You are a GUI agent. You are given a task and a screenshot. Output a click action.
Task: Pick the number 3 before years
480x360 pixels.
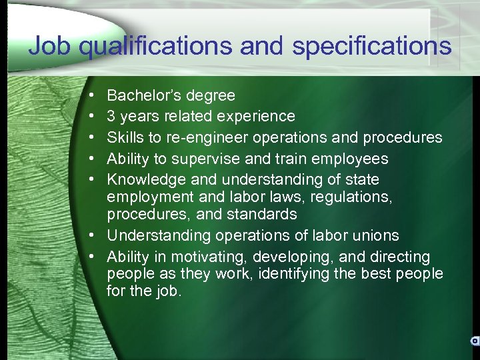tap(111, 117)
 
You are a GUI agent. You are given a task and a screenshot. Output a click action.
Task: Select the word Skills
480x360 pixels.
tap(123, 137)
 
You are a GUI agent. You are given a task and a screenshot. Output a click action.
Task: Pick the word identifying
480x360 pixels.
tap(287, 274)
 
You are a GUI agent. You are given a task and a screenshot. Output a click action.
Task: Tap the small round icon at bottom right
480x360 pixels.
tap(475, 340)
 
